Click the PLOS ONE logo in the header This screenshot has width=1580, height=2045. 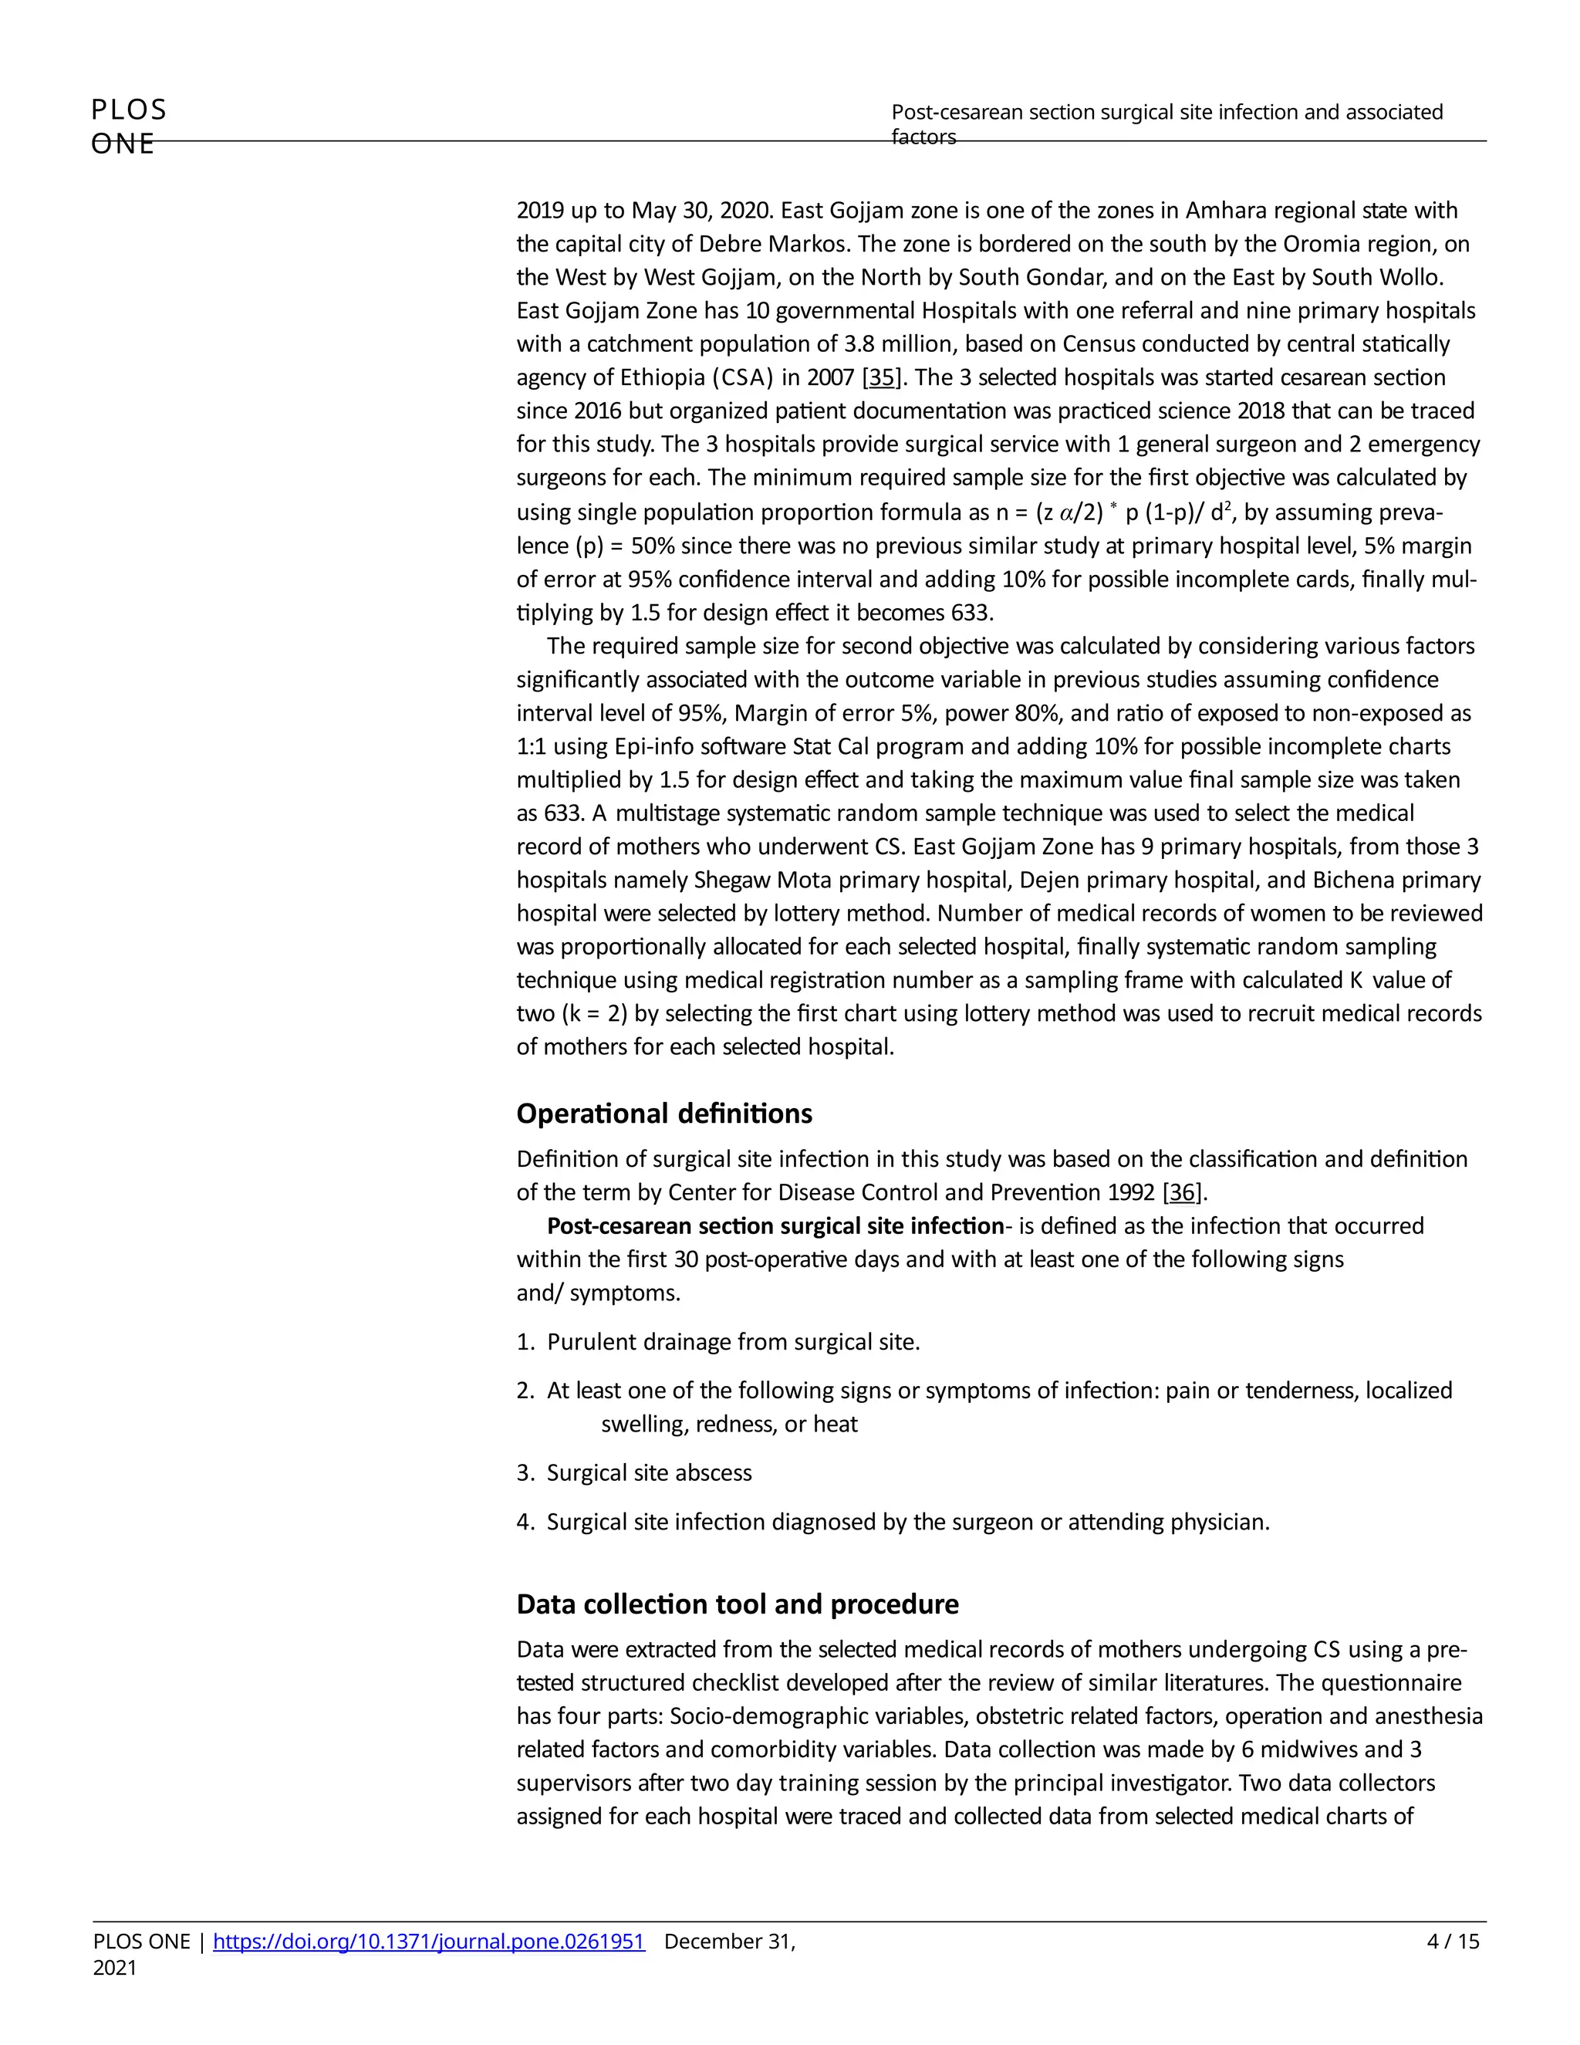click(x=128, y=126)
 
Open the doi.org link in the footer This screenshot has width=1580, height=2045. click(x=429, y=1941)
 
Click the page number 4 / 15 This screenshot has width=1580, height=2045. click(x=1453, y=1941)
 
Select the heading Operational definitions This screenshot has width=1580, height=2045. click(x=663, y=1114)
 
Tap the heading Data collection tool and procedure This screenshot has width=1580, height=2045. click(x=737, y=1604)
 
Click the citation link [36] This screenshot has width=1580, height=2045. click(x=1182, y=1192)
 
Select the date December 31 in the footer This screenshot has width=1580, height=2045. click(x=729, y=1941)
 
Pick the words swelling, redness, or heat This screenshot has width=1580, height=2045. click(x=728, y=1425)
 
